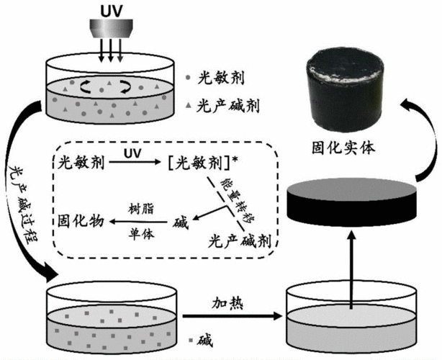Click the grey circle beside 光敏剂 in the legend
(x=188, y=75)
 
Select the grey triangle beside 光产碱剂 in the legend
(x=188, y=106)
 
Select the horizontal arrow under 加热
(x=230, y=315)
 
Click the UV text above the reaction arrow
(x=132, y=154)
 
